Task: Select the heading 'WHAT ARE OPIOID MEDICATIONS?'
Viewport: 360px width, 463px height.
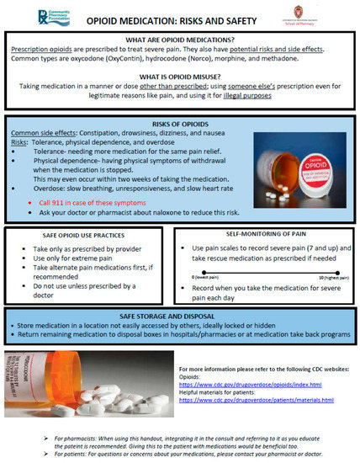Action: pyautogui.click(x=181, y=40)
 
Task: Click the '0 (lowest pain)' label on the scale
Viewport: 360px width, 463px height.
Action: pyautogui.click(x=209, y=276)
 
